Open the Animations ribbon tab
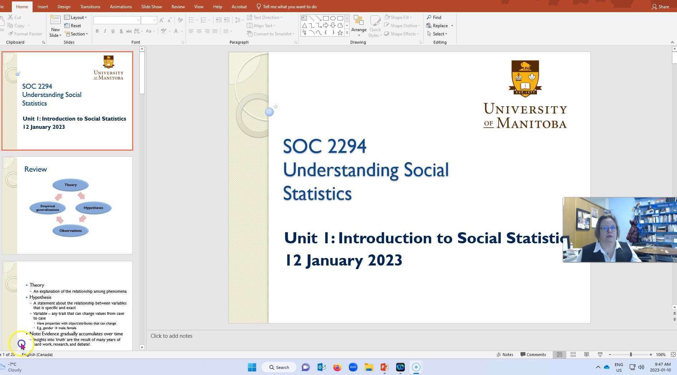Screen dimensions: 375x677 120,7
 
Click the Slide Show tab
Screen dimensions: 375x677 151,7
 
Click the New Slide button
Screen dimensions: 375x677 55,26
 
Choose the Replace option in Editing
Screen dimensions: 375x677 440,26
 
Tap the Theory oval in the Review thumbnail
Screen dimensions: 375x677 71,185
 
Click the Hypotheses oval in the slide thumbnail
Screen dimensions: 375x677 93,208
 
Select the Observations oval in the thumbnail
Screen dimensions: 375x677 71,231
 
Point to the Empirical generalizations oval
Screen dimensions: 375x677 48,208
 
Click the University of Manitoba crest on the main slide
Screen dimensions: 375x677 525,78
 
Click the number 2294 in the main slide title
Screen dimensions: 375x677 346,146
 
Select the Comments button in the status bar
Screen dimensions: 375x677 533,355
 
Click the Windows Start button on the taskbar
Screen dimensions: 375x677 252,367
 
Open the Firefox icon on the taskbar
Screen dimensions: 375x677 337,367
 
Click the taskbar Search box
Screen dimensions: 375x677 279,367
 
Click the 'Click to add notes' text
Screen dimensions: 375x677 171,336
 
